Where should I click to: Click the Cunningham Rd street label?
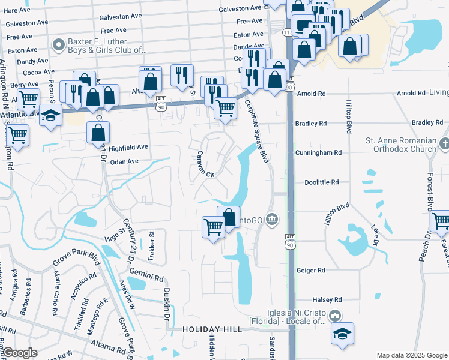318,153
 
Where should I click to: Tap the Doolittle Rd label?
322,182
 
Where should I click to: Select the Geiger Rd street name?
309,271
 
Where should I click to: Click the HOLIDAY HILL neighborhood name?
212,329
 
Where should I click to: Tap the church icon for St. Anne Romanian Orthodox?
443,144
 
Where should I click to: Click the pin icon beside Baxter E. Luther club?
59,45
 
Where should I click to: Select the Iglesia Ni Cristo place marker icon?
335,315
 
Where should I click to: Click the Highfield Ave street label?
128,147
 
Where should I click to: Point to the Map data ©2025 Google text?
411,355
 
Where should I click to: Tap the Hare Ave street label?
16,10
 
